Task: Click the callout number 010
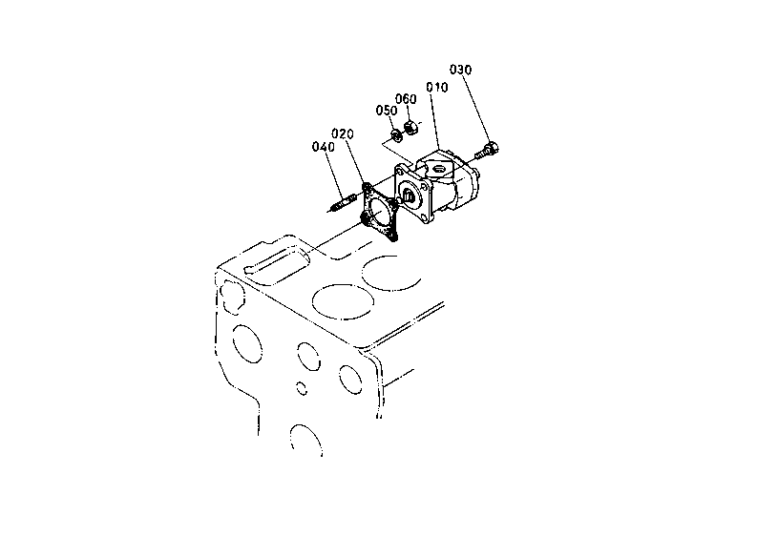[437, 88]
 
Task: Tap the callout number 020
[343, 134]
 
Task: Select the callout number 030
[460, 70]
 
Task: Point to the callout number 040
[323, 146]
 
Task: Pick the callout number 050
[387, 111]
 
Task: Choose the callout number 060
[406, 99]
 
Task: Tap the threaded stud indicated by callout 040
[342, 202]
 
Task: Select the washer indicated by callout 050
[396, 136]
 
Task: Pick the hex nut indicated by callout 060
[410, 128]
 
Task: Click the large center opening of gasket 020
[380, 215]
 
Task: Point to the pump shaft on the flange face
[408, 195]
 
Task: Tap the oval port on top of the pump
[440, 170]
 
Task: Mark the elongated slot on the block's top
[277, 265]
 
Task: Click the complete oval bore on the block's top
[343, 302]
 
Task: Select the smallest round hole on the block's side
[302, 387]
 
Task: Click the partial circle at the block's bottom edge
[307, 440]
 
